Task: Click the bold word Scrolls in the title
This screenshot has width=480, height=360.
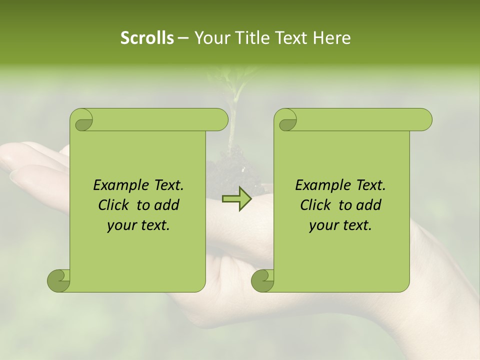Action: tap(147, 38)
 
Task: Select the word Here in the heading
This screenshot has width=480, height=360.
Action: tap(331, 38)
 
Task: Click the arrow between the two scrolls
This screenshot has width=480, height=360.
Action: tap(236, 199)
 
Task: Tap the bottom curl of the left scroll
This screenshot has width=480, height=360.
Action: tap(58, 280)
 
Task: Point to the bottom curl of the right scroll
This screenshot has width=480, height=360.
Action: tap(262, 280)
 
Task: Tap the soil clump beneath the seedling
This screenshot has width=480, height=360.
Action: tap(232, 170)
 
